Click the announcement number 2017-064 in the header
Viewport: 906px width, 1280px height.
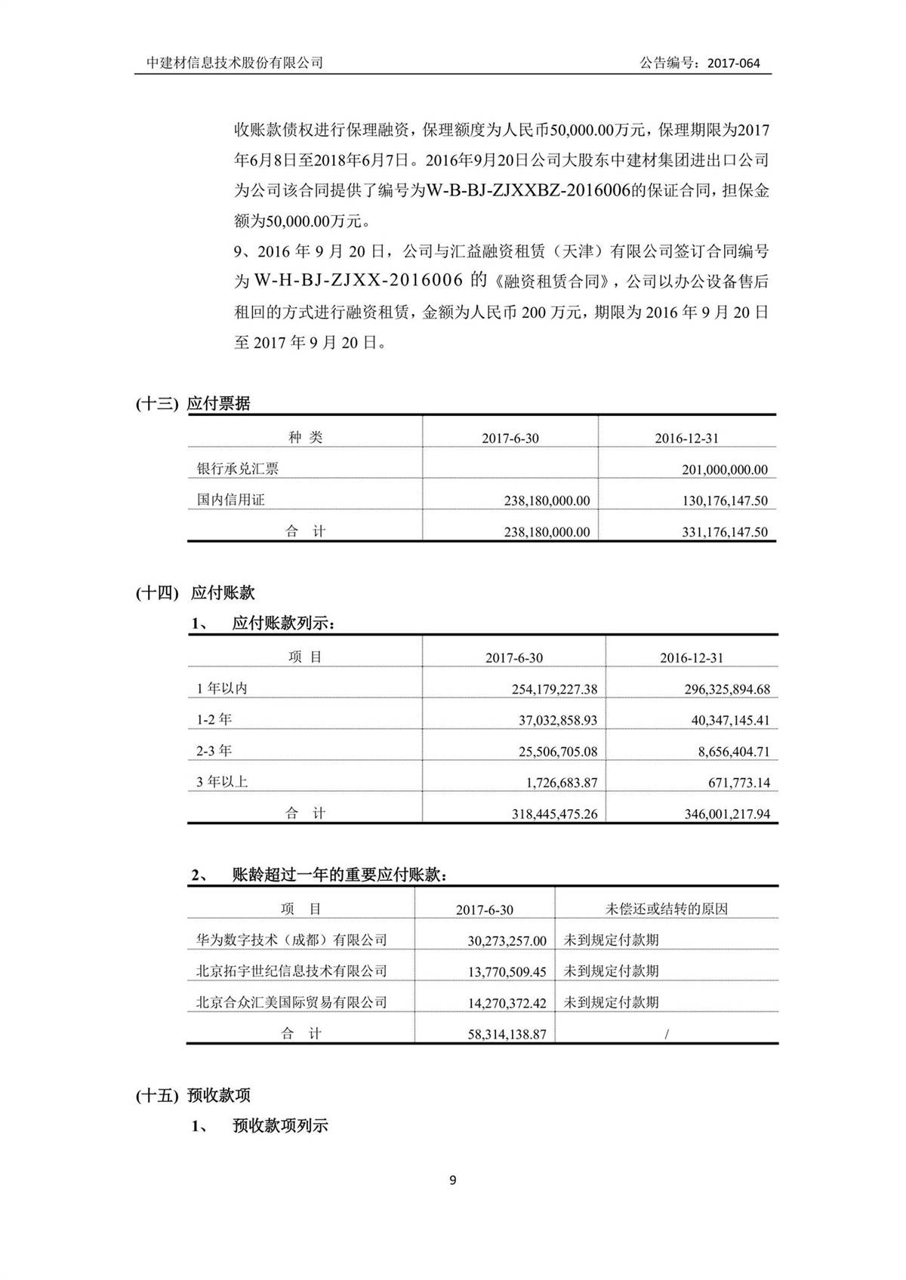733,63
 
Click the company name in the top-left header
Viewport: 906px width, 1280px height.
235,63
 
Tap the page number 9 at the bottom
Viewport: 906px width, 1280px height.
452,1180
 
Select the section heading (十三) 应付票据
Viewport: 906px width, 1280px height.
193,404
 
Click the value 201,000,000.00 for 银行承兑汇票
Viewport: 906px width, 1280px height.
724,469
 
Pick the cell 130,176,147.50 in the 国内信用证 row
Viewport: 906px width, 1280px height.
724,501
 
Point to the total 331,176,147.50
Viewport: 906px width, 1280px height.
724,532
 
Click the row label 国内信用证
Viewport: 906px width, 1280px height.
230,500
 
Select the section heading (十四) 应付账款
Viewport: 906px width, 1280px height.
196,592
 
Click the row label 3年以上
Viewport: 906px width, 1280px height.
222,782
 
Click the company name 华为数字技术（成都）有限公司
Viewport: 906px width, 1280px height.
291,940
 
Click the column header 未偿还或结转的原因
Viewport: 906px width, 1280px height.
666,909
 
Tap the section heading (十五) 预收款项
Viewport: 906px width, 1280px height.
193,1095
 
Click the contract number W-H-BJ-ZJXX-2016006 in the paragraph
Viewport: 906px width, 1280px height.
358,281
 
